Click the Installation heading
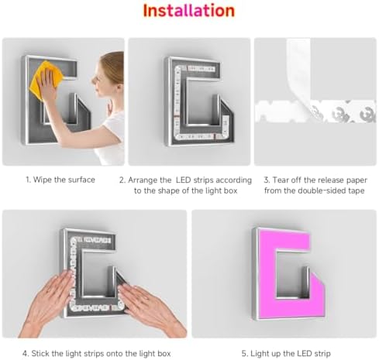tap(189, 11)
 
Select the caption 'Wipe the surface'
tap(64, 180)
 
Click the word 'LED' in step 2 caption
tap(183, 180)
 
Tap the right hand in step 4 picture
tap(150, 307)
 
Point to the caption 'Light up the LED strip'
tap(291, 353)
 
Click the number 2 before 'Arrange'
tap(122, 180)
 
